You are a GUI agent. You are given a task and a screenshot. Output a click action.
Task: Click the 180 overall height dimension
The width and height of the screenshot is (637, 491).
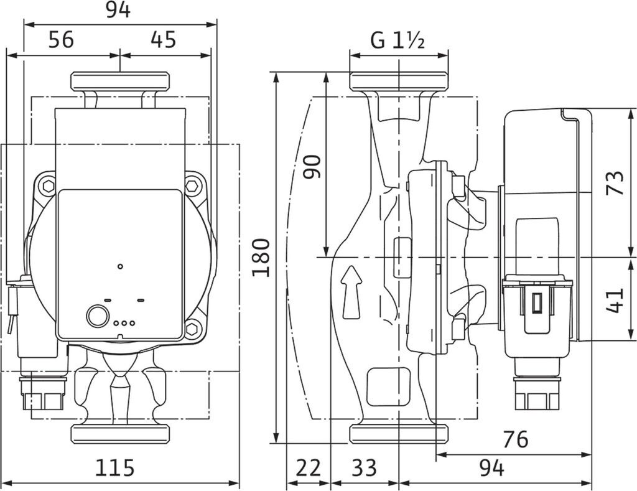click(261, 257)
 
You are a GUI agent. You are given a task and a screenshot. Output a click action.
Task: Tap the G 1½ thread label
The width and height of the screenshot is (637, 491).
click(398, 41)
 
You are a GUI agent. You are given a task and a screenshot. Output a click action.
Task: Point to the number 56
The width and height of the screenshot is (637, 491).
click(60, 40)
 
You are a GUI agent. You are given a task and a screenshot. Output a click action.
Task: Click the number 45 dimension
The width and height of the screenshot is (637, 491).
click(163, 40)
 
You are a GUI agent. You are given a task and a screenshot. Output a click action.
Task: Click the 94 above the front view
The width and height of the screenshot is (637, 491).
click(118, 10)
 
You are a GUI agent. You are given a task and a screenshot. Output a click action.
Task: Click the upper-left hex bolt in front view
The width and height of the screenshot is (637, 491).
click(47, 185)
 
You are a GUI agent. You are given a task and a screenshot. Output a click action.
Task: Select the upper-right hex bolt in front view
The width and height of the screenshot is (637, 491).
click(193, 185)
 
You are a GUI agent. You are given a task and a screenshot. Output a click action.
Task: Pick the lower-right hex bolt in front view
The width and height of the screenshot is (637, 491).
click(193, 329)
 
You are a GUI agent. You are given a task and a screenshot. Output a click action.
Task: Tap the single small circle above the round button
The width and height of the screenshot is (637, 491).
click(120, 266)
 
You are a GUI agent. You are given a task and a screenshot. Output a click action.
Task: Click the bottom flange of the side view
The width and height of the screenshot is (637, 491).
click(399, 434)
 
